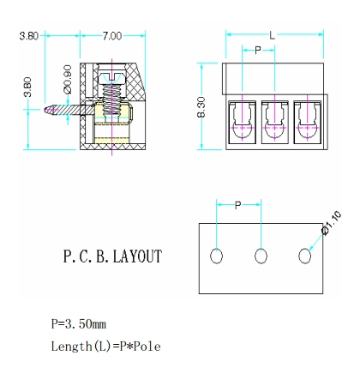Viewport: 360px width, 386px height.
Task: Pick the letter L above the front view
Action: (272, 34)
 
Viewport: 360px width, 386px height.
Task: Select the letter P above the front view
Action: (258, 51)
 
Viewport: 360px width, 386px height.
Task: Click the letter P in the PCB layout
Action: (238, 205)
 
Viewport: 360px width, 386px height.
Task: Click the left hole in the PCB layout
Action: (217, 256)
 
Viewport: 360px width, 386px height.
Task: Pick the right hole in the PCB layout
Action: (304, 256)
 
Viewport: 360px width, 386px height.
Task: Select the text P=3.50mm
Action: (79, 324)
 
